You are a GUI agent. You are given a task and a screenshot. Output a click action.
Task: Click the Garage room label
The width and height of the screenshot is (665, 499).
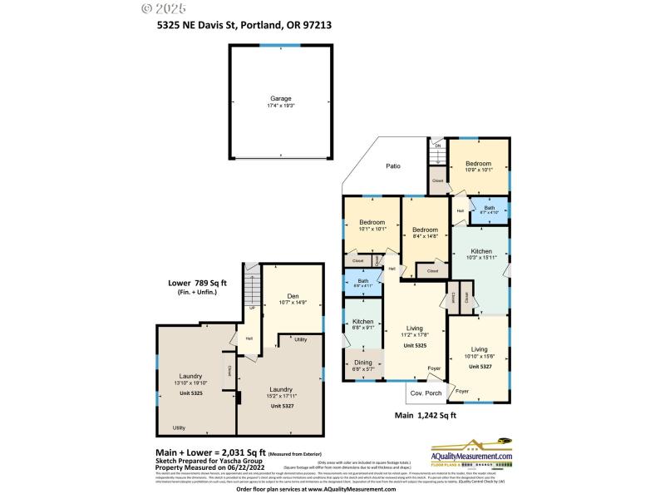[x=280, y=98]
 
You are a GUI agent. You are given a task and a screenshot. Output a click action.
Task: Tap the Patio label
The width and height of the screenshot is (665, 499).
[x=393, y=166]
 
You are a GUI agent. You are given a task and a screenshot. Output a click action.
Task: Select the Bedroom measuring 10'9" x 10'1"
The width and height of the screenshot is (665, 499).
[x=478, y=164]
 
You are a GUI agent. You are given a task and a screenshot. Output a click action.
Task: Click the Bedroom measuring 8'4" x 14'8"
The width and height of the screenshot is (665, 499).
[x=425, y=230]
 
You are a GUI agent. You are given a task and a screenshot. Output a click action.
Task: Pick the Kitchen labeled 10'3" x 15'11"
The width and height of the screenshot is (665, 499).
[x=481, y=251]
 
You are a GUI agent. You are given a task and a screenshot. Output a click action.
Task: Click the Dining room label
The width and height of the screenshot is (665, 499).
[x=363, y=363]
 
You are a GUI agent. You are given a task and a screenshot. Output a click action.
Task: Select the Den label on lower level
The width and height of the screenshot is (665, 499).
[x=293, y=296]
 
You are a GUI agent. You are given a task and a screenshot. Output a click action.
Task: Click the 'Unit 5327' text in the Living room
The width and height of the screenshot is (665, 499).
[x=480, y=366]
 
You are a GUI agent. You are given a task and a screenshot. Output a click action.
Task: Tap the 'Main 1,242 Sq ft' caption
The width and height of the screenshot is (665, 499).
[x=425, y=415]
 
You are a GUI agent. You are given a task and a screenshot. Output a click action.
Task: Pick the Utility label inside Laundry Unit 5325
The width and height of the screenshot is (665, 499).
[x=179, y=427]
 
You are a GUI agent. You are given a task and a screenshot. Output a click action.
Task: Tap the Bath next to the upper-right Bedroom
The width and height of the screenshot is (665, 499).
[x=489, y=210]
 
